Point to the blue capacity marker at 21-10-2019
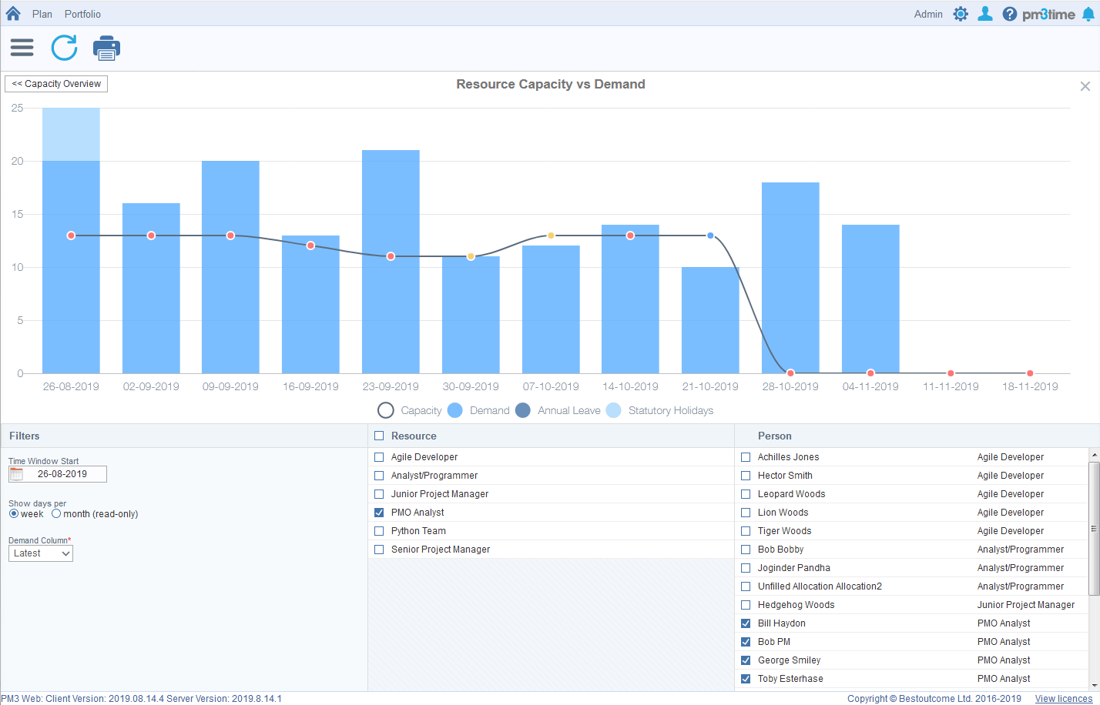(710, 236)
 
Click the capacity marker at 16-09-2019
(310, 246)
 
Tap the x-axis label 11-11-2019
(951, 386)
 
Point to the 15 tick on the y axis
(17, 214)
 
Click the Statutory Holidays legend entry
(661, 410)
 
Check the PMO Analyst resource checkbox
(379, 513)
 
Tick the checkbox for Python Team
(379, 531)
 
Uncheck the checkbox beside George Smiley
(746, 660)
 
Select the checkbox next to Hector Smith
(746, 476)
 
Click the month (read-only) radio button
(56, 513)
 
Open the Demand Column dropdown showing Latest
(41, 553)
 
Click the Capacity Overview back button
(56, 84)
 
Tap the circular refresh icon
(64, 48)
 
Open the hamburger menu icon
(22, 48)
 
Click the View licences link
(1063, 699)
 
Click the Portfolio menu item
(82, 14)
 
